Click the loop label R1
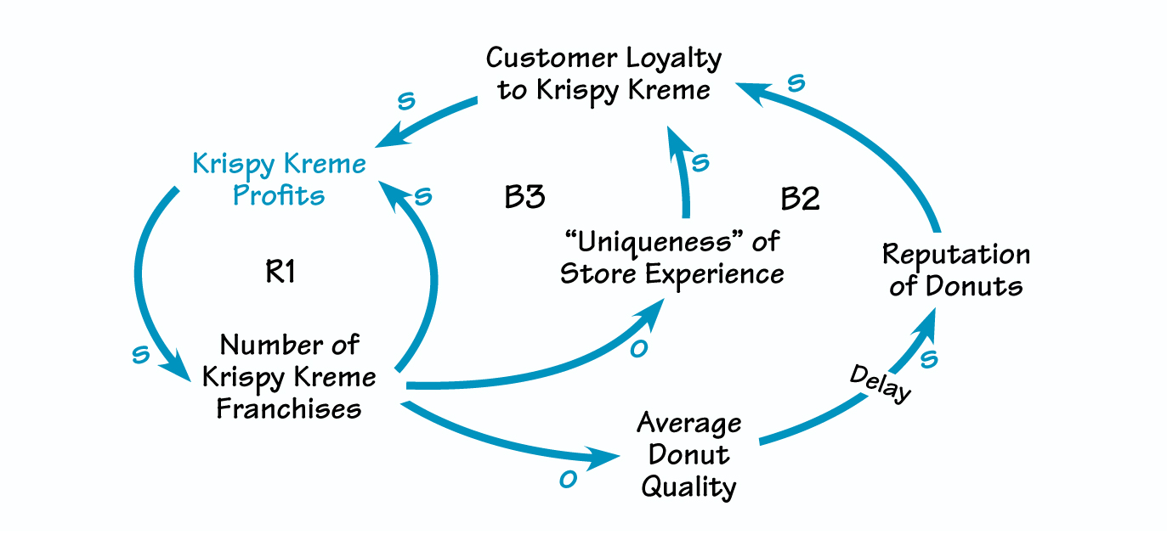[280, 273]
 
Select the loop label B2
[800, 200]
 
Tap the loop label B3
[524, 197]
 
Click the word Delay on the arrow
[881, 384]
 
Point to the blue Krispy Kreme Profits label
[280, 179]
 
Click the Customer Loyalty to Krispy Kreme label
[603, 74]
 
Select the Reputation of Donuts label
[955, 270]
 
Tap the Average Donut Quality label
[688, 454]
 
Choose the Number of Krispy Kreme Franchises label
[289, 376]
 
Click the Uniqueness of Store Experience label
[671, 258]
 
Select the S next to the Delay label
[929, 359]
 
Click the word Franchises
[289, 408]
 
